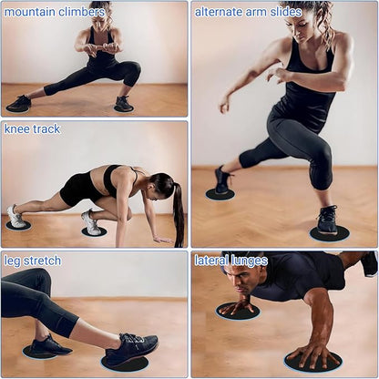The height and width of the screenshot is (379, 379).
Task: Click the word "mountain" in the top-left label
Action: (x=29, y=12)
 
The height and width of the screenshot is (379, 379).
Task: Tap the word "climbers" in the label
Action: (x=81, y=12)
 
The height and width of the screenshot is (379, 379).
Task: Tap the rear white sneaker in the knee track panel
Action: (x=16, y=217)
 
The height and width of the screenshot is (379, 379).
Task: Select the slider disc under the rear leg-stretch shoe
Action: (x=38, y=353)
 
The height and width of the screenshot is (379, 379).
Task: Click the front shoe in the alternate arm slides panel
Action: (x=327, y=220)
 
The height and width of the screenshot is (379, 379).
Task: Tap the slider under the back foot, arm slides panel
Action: (x=220, y=194)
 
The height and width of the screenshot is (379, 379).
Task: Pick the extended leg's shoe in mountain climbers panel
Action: (x=19, y=103)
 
